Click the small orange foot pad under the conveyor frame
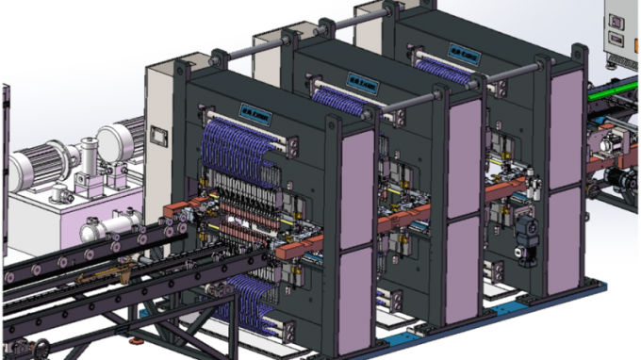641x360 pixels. pos(139,335)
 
